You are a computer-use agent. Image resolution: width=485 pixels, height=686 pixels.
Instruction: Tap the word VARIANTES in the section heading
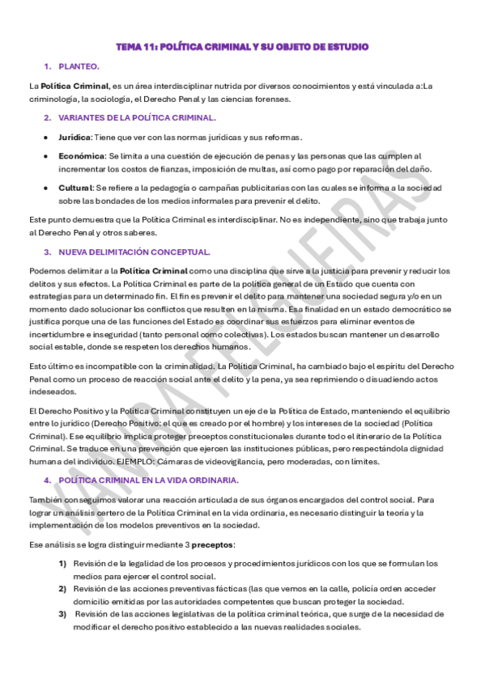[83, 118]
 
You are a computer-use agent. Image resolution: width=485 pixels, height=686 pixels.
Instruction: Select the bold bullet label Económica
[82, 155]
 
